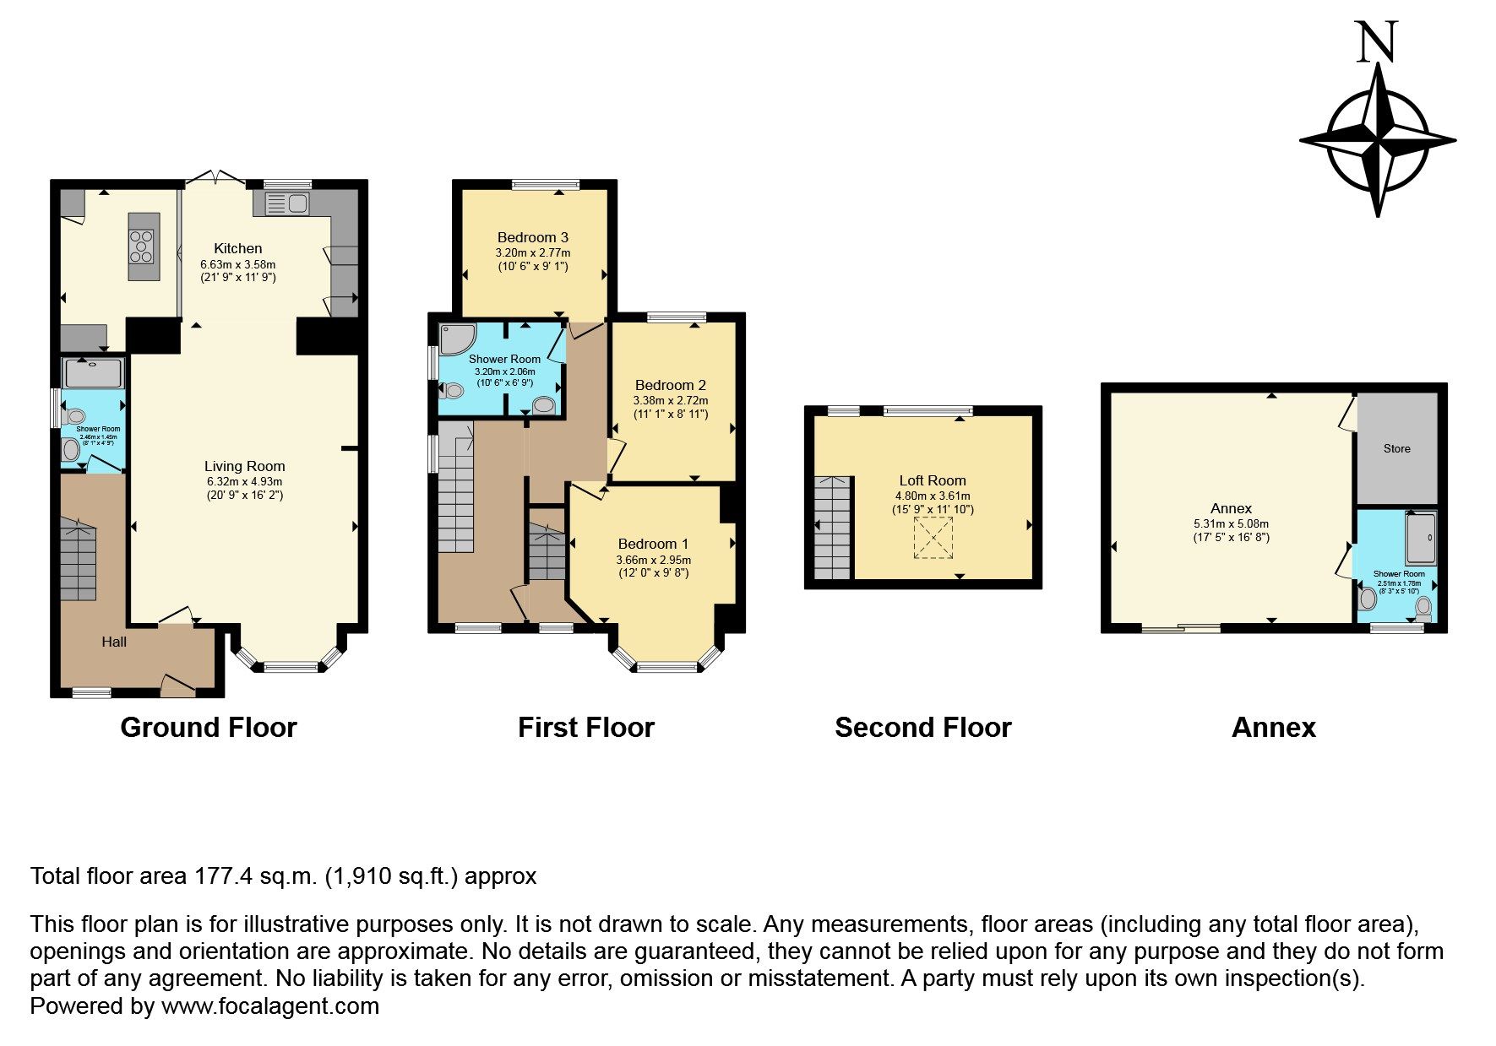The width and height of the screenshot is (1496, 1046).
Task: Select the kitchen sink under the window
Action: [287, 203]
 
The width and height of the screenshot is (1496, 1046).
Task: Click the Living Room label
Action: [245, 466]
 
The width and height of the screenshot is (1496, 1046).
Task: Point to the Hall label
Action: [114, 642]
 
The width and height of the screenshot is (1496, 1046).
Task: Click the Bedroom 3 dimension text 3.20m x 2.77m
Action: [532, 252]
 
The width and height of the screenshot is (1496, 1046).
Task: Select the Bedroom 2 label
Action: [671, 385]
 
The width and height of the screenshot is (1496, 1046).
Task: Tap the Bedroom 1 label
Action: [653, 544]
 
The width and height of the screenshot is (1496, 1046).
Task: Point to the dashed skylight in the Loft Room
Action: [933, 538]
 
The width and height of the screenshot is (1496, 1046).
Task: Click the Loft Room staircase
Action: [833, 528]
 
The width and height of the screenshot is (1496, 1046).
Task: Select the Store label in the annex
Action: [1396, 448]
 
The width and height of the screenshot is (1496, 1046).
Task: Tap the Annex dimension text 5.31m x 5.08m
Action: [1231, 523]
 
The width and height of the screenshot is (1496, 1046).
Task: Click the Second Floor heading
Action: [922, 728]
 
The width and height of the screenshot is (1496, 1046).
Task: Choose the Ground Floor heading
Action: [209, 728]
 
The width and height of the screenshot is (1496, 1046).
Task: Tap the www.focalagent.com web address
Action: [269, 1006]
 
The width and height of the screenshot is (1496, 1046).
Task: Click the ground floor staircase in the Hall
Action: [79, 561]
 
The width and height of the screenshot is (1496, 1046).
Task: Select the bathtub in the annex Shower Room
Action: [1421, 538]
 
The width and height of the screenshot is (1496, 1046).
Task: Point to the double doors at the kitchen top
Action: [215, 178]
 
